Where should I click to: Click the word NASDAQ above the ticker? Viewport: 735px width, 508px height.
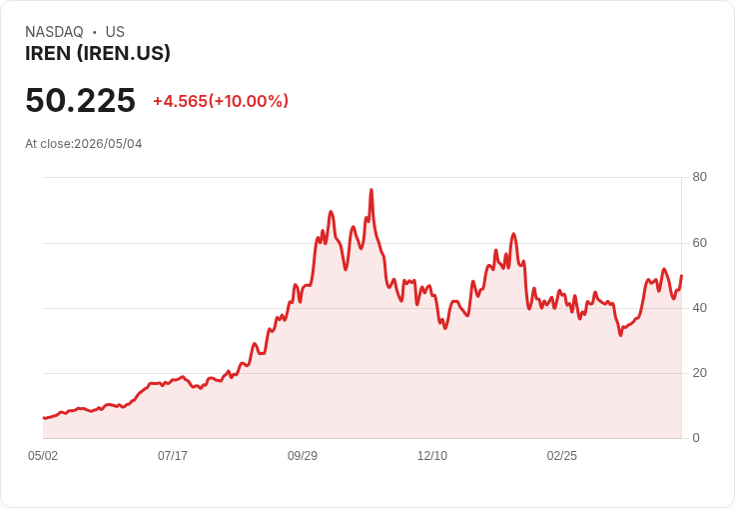coord(54,32)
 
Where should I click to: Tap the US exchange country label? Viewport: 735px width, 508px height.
coord(115,32)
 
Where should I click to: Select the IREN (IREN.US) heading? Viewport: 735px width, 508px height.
coord(98,54)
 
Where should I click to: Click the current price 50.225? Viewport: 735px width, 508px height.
coord(80,100)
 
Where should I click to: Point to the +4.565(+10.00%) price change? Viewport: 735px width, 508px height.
coord(221,101)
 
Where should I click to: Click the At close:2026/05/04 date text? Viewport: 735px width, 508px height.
coord(84,144)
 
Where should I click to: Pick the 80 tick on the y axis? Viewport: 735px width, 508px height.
coord(699,177)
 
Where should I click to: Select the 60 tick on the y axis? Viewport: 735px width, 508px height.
coord(699,243)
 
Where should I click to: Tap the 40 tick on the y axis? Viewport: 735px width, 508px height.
coord(699,308)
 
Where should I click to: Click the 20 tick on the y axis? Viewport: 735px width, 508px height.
coord(699,373)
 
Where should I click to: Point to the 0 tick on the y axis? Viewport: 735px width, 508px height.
coord(696,438)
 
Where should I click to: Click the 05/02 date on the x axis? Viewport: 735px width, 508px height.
coord(43,456)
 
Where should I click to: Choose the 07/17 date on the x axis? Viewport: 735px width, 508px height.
coord(173,456)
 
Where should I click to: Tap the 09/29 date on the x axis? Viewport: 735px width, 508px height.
coord(303,456)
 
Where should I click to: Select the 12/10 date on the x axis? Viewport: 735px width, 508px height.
coord(432,456)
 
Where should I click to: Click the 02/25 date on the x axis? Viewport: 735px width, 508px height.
coord(562,456)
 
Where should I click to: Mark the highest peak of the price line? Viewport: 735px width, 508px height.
coord(371,190)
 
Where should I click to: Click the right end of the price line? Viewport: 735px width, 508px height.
coord(681,276)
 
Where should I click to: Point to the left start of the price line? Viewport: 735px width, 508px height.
coord(43,417)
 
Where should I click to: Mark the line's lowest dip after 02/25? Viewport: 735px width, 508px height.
coord(620,335)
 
